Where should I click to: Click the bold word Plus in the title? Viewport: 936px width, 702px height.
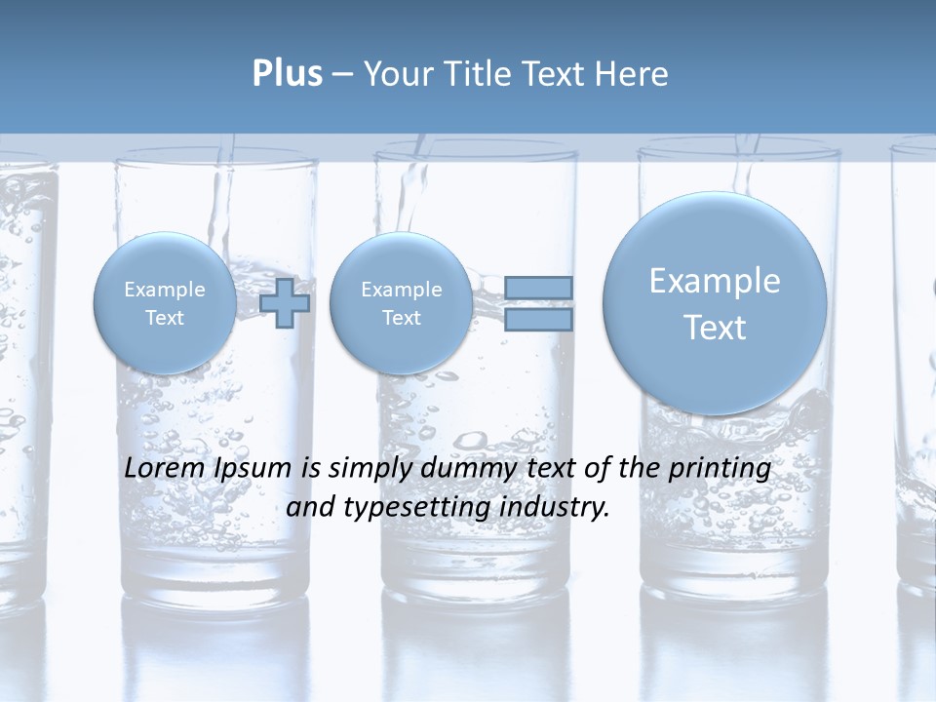point(287,74)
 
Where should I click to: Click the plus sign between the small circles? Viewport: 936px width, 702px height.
point(285,302)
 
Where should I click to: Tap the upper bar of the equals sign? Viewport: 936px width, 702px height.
point(538,288)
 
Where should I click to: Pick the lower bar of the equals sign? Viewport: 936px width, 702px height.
point(538,320)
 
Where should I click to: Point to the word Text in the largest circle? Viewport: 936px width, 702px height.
point(715,328)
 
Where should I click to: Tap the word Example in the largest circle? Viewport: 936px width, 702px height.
point(715,281)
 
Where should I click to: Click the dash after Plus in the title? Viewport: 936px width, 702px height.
point(342,74)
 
